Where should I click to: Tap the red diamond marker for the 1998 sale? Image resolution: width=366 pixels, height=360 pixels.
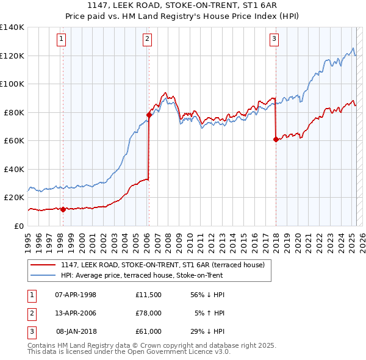pyautogui.click(x=63, y=210)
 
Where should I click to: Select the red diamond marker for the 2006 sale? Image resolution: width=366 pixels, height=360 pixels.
pyautogui.click(x=149, y=115)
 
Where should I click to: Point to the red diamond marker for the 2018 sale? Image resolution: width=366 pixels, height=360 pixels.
pyautogui.click(x=276, y=139)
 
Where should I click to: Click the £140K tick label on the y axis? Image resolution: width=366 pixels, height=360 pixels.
pyautogui.click(x=12, y=27)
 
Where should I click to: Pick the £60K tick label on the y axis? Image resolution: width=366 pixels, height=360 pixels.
pyautogui.click(x=15, y=140)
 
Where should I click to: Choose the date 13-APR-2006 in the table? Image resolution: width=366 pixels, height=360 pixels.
pyautogui.click(x=76, y=313)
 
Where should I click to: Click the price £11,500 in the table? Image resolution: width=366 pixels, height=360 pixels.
pyautogui.click(x=149, y=295)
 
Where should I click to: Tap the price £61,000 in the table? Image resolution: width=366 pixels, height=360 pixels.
pyautogui.click(x=149, y=331)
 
